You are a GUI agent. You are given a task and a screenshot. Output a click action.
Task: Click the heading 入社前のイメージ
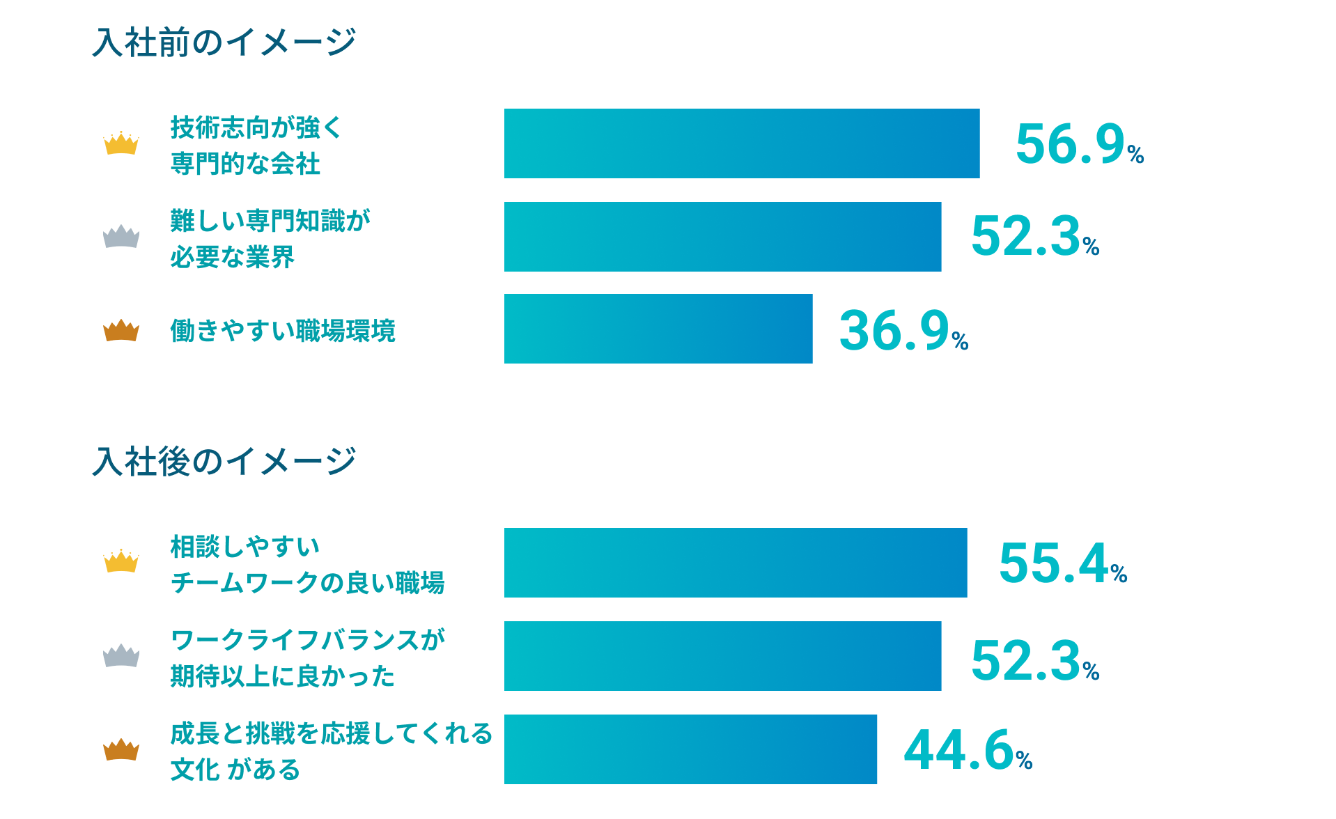click(x=224, y=42)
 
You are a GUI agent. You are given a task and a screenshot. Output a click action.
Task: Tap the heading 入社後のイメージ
click(x=224, y=462)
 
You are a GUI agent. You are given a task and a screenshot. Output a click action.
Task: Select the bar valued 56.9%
click(x=741, y=143)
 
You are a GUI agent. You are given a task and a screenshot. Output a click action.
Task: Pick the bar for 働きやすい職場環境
click(x=658, y=329)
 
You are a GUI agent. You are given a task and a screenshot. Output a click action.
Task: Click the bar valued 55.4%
click(x=735, y=563)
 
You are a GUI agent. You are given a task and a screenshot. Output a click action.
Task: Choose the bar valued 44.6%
click(x=690, y=749)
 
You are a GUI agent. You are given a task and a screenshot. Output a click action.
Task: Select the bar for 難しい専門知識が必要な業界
click(x=722, y=237)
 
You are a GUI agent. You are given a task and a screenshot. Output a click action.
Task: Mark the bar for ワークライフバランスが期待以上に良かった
click(x=722, y=656)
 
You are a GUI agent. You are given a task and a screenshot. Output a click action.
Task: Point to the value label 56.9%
click(x=1079, y=145)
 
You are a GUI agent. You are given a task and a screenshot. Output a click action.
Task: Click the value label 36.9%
click(x=903, y=331)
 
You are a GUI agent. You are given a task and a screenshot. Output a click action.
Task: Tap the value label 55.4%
click(x=1062, y=563)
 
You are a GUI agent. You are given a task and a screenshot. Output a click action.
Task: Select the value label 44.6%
click(x=967, y=751)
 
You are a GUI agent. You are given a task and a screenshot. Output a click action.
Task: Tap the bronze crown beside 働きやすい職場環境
click(x=121, y=330)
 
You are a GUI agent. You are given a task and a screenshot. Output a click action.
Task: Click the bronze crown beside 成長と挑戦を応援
click(x=121, y=749)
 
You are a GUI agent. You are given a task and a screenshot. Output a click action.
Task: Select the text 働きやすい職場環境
click(x=283, y=331)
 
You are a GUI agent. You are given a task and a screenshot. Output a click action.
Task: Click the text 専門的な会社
click(x=245, y=164)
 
